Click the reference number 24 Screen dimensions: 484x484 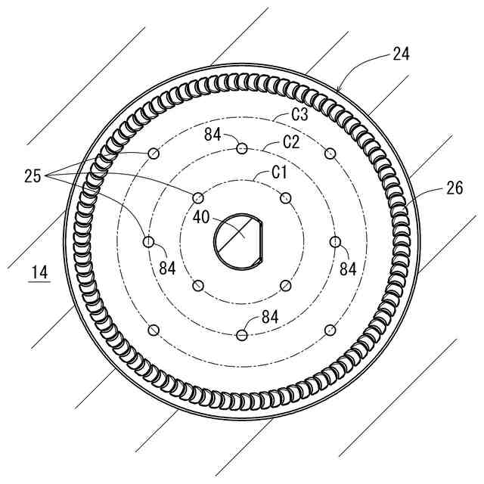(x=401, y=54)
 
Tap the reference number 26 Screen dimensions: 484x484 (x=455, y=188)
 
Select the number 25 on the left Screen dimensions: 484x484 (x=33, y=176)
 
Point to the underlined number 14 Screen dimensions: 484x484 (x=39, y=272)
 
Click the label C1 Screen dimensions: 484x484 (x=279, y=172)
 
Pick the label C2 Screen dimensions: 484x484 (x=291, y=142)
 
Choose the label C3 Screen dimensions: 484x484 (x=300, y=114)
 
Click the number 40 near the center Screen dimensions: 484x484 (x=201, y=217)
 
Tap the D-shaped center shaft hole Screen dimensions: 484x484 (x=238, y=242)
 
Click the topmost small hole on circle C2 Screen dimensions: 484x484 (x=242, y=148)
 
